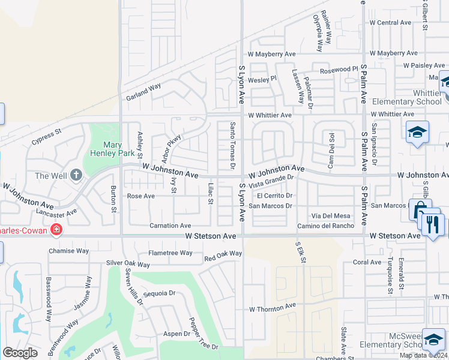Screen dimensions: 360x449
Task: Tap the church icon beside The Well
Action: pos(76,175)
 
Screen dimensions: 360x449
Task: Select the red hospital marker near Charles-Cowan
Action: pos(56,229)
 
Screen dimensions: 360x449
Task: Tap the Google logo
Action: pos(20,353)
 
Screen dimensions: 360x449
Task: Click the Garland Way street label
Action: pos(143,91)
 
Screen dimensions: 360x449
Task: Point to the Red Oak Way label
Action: pos(223,256)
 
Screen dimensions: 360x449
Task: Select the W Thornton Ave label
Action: pos(273,307)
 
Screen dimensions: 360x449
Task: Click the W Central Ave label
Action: pos(390,23)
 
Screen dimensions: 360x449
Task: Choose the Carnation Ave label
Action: pos(170,226)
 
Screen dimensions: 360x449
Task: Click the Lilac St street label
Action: pos(211,193)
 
